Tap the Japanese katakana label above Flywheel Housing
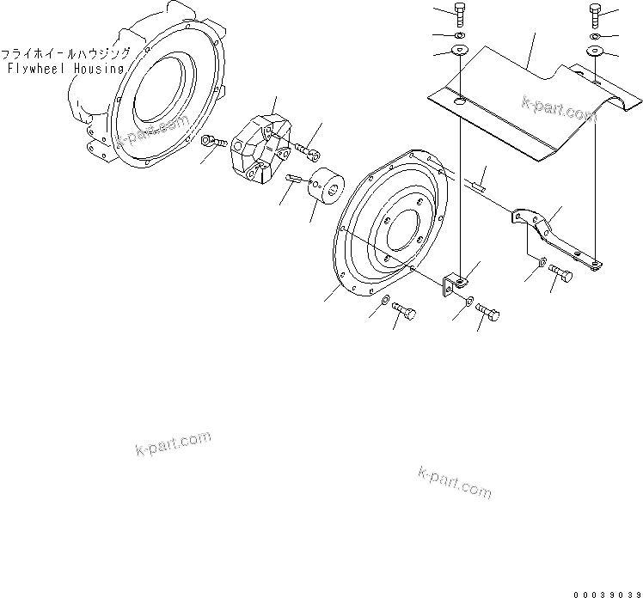68,52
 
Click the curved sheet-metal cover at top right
516,103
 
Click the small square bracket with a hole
454,284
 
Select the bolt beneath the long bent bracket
560,274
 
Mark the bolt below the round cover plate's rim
403,311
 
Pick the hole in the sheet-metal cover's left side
462,104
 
